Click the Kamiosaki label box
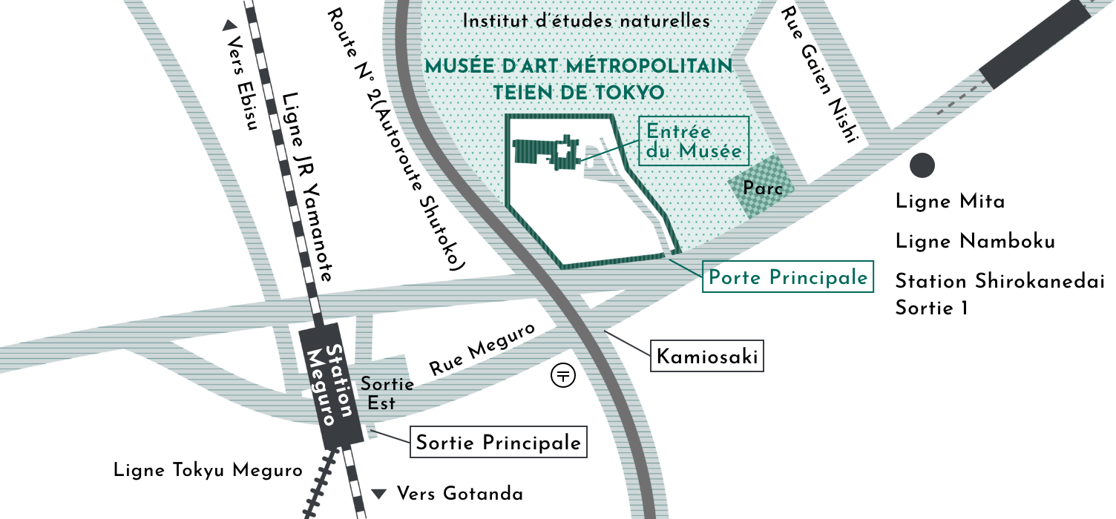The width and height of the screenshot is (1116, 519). point(707,357)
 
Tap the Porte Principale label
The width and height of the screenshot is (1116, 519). point(787,277)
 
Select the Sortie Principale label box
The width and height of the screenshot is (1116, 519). point(498,443)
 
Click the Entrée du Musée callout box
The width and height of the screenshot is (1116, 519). point(694,141)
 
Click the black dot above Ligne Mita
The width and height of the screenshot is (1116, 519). point(922,165)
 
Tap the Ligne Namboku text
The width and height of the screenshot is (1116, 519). point(975,242)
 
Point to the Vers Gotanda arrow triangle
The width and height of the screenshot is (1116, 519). point(380,494)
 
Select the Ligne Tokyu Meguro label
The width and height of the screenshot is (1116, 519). point(208,470)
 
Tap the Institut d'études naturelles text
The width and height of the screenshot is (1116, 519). point(586,21)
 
